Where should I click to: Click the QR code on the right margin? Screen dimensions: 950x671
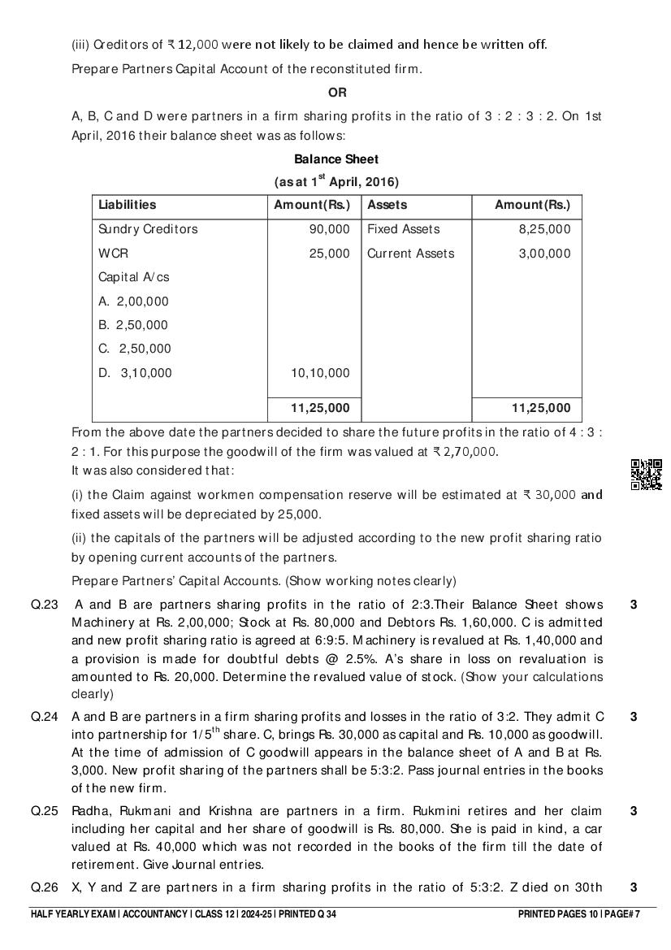click(x=647, y=475)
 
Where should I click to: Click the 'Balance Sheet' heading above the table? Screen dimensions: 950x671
click(x=335, y=159)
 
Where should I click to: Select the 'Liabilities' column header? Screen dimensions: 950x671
click(x=128, y=205)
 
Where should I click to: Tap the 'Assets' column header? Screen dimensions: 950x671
click(x=387, y=205)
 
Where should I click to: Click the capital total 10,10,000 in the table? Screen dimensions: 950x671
click(x=322, y=373)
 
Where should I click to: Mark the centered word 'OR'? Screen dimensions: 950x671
click(x=336, y=93)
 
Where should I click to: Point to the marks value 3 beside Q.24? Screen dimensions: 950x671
click(x=634, y=717)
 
